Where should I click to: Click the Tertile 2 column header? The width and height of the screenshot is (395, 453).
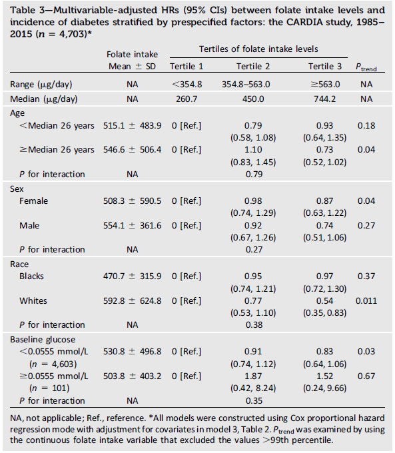(253, 67)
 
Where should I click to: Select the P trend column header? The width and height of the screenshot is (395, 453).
(366, 67)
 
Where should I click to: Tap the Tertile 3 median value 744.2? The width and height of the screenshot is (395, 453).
(324, 99)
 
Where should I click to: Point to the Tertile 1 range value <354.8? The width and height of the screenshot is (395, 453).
(187, 85)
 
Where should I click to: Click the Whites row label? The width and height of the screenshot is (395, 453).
(33, 300)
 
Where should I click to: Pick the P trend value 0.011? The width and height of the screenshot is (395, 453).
(366, 300)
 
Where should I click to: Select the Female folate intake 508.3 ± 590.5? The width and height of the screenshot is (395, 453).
(132, 201)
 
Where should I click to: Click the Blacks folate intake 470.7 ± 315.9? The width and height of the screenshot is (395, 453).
(132, 276)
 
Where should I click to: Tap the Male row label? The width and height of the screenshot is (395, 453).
(29, 225)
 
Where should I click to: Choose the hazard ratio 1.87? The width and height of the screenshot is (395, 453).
(253, 376)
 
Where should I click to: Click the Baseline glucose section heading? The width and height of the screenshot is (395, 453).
(43, 340)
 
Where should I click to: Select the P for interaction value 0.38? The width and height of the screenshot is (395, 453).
(254, 324)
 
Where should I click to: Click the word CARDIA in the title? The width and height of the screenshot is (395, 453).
(302, 22)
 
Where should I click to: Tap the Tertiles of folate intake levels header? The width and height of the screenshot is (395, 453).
(258, 49)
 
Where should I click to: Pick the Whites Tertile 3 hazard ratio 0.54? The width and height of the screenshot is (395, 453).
(324, 300)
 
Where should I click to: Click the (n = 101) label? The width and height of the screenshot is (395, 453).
(49, 388)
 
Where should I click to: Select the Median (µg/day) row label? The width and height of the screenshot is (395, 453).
(44, 99)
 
